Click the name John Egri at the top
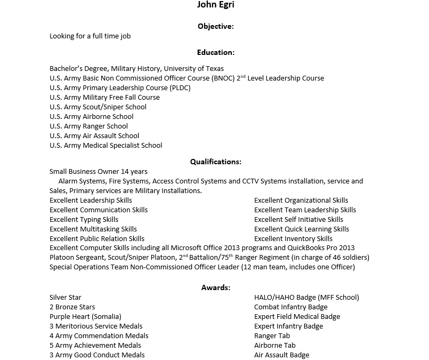pyautogui.click(x=215, y=5)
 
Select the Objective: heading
pyautogui.click(x=215, y=26)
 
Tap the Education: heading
pyautogui.click(x=215, y=52)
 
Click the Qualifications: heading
pyautogui.click(x=215, y=162)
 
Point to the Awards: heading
pyautogui.click(x=215, y=287)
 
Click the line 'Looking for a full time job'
pyautogui.click(x=90, y=36)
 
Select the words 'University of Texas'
pyautogui.click(x=193, y=68)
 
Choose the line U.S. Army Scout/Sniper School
pyautogui.click(x=98, y=107)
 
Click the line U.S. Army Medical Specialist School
pyautogui.click(x=106, y=145)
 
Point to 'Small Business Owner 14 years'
pyautogui.click(x=99, y=172)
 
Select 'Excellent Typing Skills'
pyautogui.click(x=84, y=219)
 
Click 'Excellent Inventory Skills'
pyautogui.click(x=293, y=238)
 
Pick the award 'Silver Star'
pyautogui.click(x=66, y=297)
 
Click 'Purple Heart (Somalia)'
pyautogui.click(x=85, y=316)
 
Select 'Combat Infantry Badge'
pyautogui.click(x=290, y=307)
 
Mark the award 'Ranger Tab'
pyautogui.click(x=272, y=335)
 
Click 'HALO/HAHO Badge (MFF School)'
pyautogui.click(x=306, y=297)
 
